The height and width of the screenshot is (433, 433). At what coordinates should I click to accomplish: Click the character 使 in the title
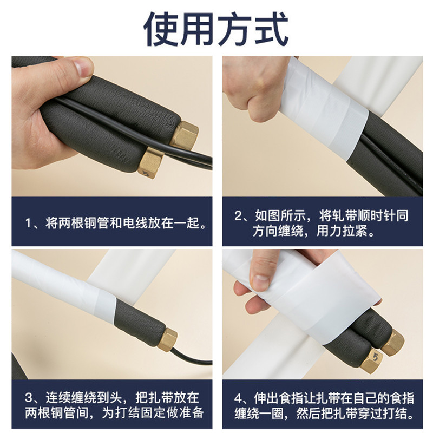(161, 29)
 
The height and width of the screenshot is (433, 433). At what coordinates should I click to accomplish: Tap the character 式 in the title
(272, 29)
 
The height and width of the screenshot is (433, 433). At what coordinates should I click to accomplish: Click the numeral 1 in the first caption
(28, 223)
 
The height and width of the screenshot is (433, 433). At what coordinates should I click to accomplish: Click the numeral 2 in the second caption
(238, 215)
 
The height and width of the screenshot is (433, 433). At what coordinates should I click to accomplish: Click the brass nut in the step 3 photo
(168, 339)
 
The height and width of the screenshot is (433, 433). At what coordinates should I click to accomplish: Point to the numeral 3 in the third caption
(29, 398)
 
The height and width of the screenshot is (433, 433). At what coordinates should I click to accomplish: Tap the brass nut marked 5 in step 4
(371, 359)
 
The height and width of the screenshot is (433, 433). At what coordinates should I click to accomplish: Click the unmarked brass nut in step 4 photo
(391, 343)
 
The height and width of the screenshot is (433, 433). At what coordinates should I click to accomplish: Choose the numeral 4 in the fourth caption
(239, 398)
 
